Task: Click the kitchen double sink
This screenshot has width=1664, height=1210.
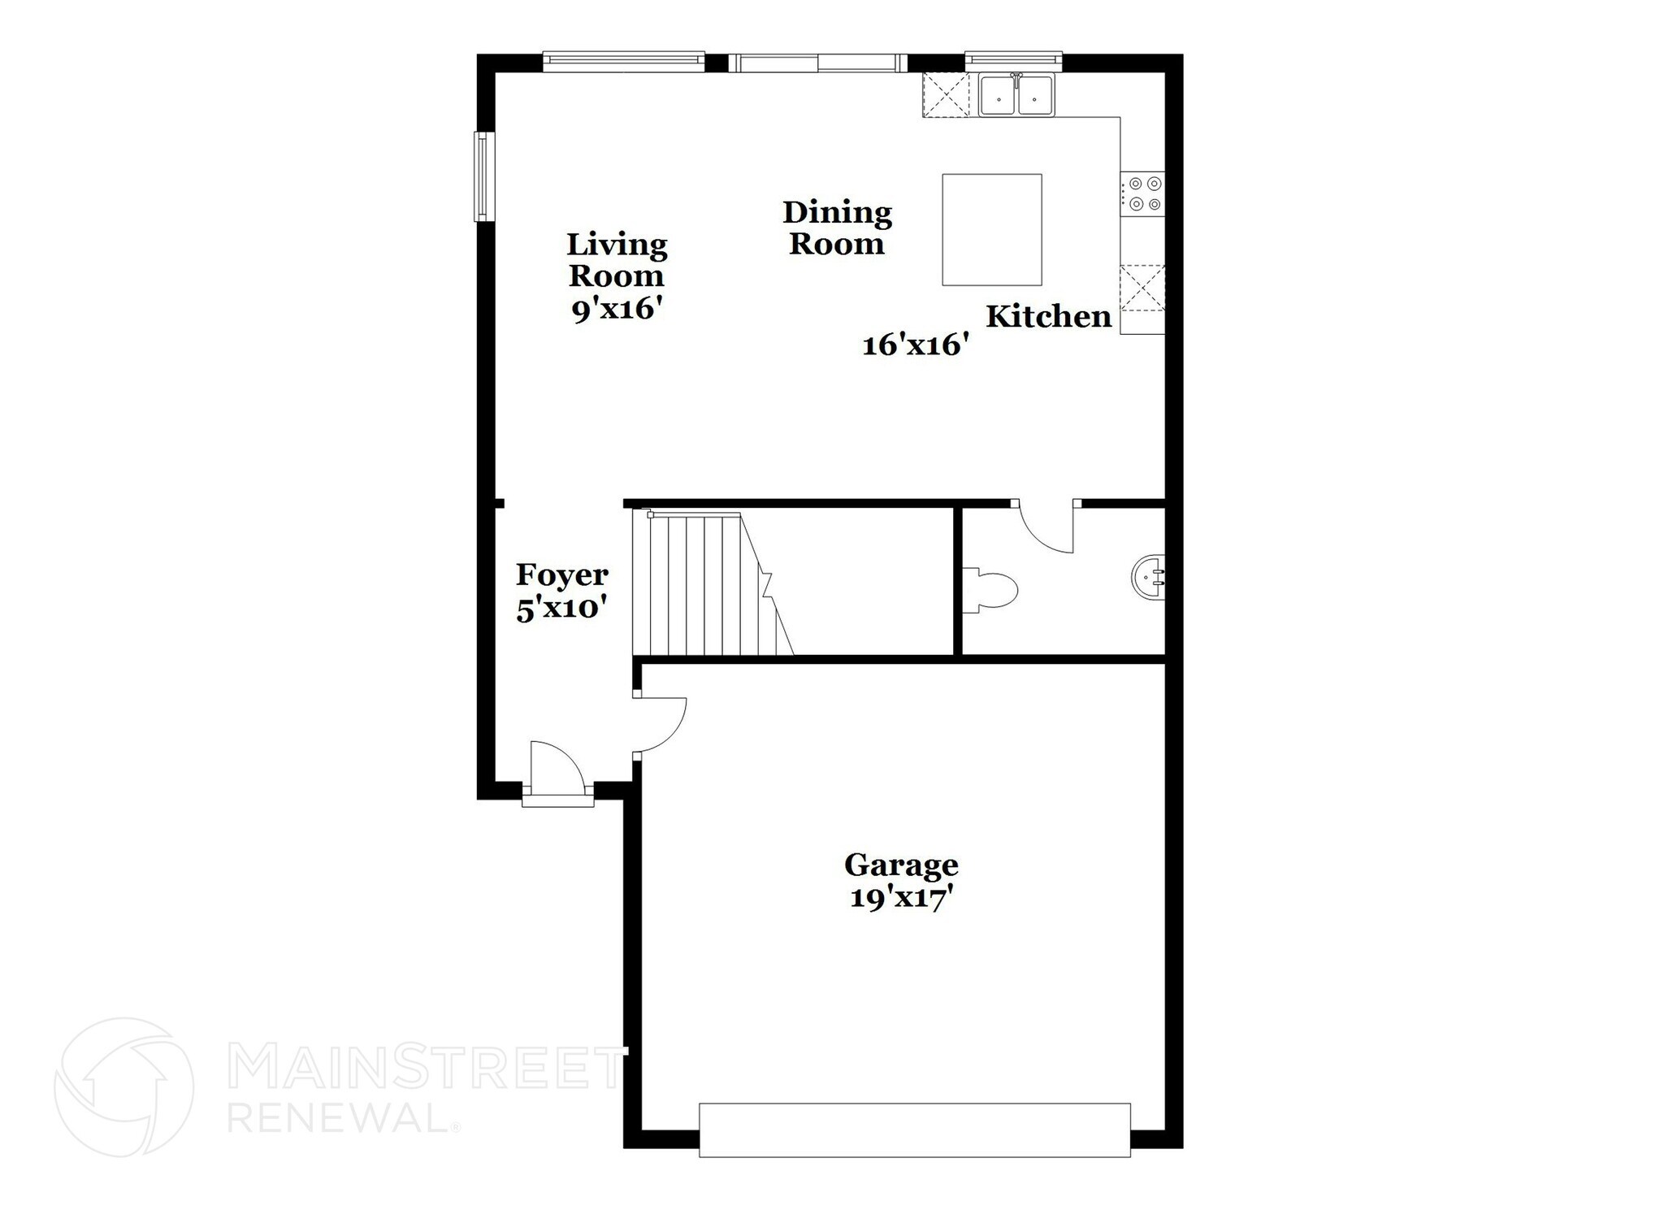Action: [x=1016, y=96]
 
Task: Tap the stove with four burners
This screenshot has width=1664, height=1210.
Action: [x=1143, y=194]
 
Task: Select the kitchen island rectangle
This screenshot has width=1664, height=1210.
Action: [x=991, y=230]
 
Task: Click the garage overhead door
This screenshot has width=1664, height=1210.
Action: [x=914, y=1129]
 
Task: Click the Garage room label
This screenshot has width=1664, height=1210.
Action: [x=901, y=865]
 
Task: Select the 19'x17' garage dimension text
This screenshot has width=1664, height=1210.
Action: [x=901, y=899]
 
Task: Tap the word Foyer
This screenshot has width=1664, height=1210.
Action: [x=562, y=575]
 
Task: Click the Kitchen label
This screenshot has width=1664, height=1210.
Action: [x=1048, y=316]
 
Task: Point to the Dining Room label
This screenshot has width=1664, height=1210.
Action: [x=837, y=228]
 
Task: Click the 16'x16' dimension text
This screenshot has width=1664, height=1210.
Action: [x=915, y=345]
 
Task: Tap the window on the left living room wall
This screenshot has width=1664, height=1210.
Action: [x=484, y=176]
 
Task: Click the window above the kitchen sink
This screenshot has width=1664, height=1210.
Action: [x=1013, y=59]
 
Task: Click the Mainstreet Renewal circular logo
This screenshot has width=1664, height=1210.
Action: [x=123, y=1086]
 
